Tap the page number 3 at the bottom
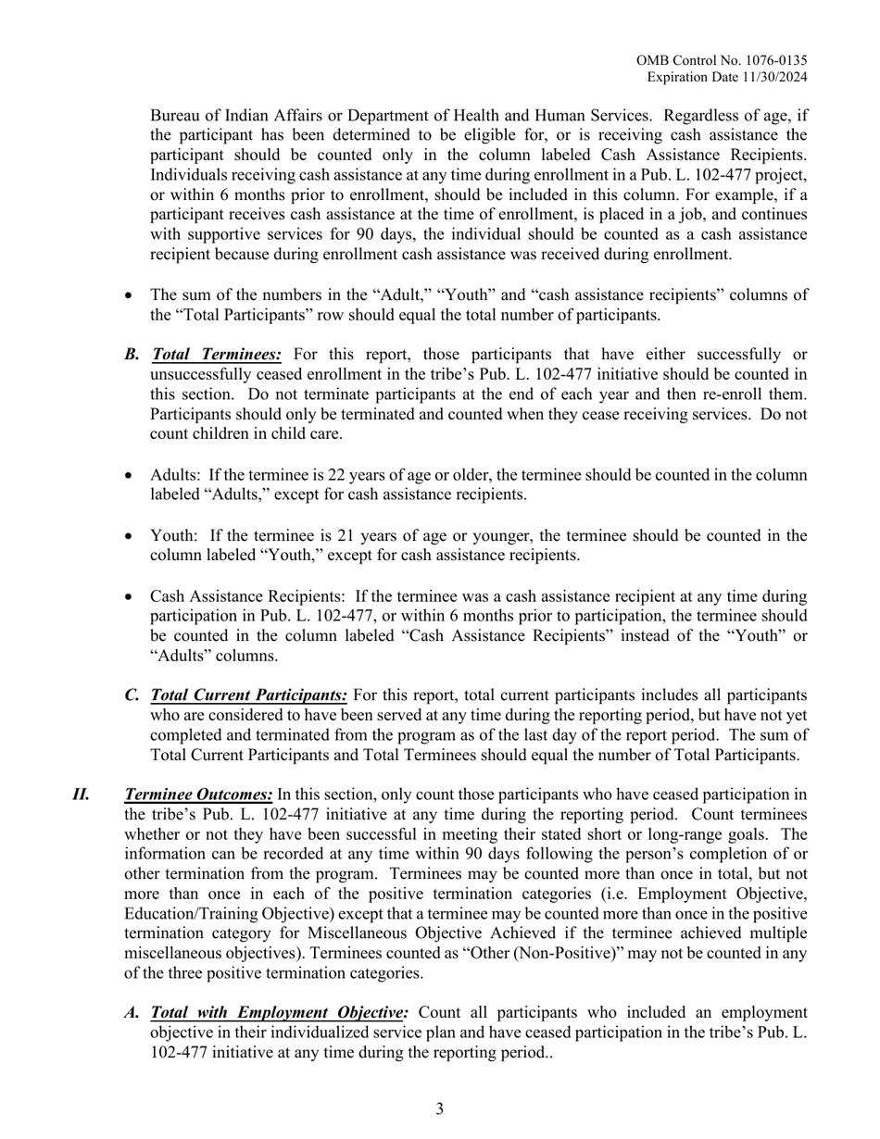(x=440, y=1109)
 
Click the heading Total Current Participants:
(x=249, y=695)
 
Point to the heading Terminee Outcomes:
(x=198, y=795)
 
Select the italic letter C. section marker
(x=132, y=695)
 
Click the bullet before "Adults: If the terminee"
(x=130, y=476)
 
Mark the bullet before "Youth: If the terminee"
(x=130, y=536)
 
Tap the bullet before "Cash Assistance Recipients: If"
(x=130, y=596)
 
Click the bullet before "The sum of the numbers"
(x=130, y=295)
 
